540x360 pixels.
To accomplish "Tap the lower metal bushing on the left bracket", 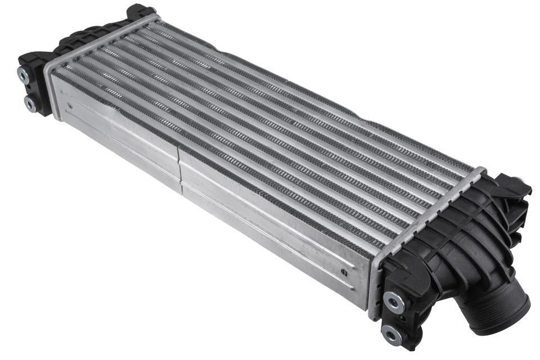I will [30, 104].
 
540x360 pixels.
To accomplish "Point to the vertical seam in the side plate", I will [180, 169].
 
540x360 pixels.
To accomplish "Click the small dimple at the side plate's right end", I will [343, 272].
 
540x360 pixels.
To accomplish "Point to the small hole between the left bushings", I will [27, 89].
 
